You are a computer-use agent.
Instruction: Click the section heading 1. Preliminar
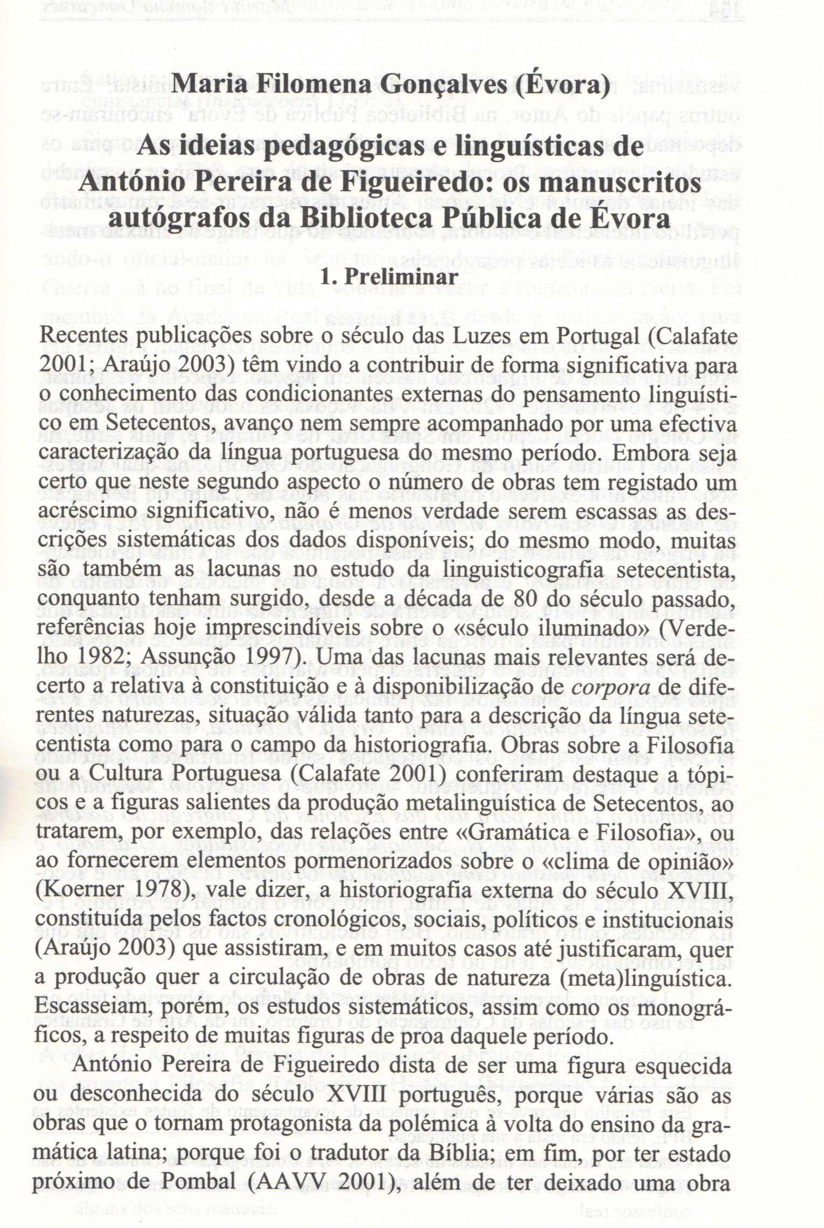pos(389,277)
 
